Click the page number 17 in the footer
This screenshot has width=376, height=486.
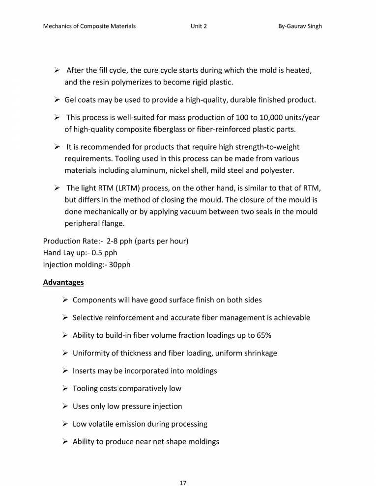[x=183, y=469]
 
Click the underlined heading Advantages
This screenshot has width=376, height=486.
[x=63, y=283]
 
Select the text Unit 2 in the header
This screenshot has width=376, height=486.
[x=199, y=26]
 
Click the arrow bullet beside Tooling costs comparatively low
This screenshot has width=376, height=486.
[x=65, y=388]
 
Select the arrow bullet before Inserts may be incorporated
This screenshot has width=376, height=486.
[x=65, y=371]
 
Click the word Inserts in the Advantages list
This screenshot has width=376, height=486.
[x=85, y=371]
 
